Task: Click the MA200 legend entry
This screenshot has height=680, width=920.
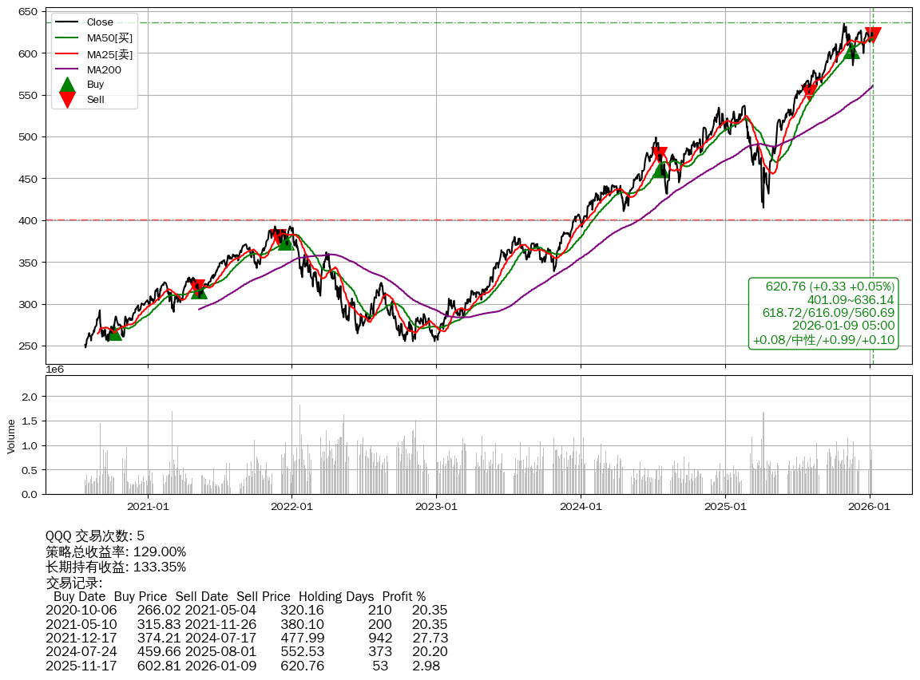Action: point(105,69)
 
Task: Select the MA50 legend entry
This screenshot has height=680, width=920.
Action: point(109,38)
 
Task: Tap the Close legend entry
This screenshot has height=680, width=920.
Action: point(100,22)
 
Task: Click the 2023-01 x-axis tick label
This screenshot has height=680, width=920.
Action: point(437,506)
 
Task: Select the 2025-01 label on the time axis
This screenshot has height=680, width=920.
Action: point(725,506)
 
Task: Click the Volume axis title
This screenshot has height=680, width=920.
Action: point(11,436)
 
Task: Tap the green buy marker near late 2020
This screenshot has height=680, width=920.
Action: point(115,332)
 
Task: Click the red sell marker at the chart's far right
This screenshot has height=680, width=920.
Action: point(872,35)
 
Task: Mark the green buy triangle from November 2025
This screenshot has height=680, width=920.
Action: point(851,51)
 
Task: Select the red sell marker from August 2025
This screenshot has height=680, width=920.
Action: point(808,91)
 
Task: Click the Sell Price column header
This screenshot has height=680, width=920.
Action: point(263,596)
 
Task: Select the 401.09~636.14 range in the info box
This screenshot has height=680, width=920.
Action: point(851,299)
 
